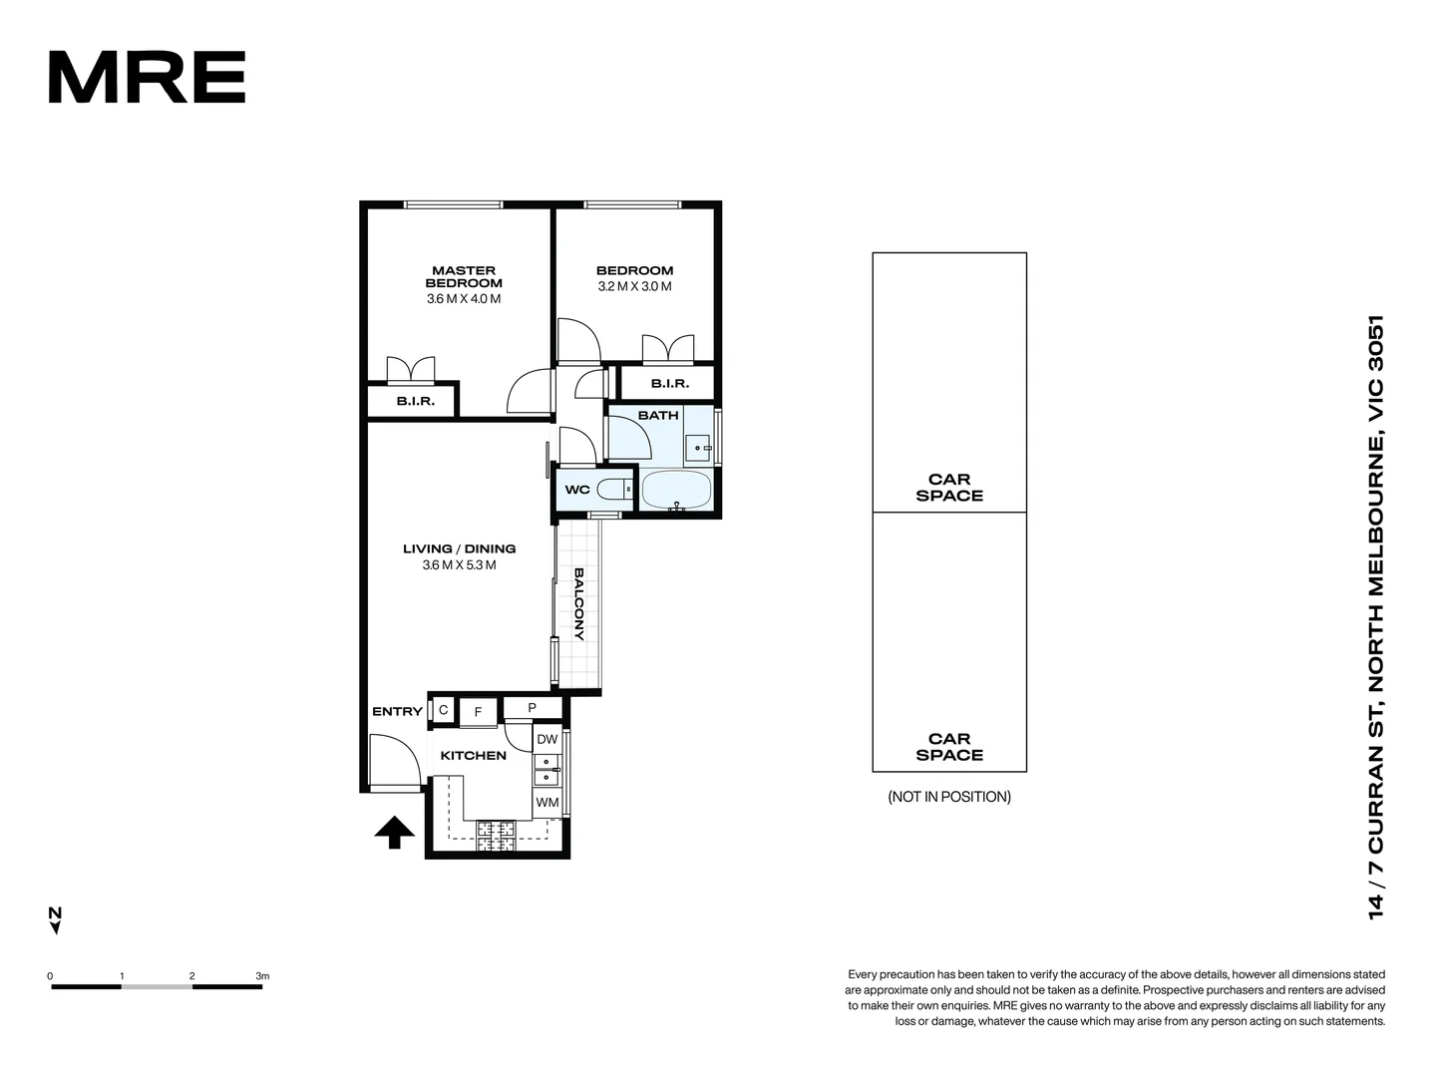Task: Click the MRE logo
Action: click(147, 78)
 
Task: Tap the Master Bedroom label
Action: click(464, 276)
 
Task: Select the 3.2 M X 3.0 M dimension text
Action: click(634, 286)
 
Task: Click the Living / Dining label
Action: click(459, 548)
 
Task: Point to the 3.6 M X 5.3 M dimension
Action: click(459, 565)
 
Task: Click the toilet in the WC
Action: click(615, 489)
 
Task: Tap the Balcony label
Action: click(578, 603)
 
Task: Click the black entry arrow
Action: click(394, 832)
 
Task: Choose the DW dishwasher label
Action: click(547, 739)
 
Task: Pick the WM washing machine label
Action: click(547, 802)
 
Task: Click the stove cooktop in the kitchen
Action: click(496, 836)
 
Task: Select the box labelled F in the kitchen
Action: click(479, 711)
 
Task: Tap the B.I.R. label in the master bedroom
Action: click(415, 401)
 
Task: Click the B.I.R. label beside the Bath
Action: click(669, 384)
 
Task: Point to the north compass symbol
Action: click(56, 919)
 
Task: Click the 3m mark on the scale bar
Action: click(262, 976)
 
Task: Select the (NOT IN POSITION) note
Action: click(949, 797)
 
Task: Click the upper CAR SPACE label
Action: click(949, 488)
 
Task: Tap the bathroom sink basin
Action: click(698, 448)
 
